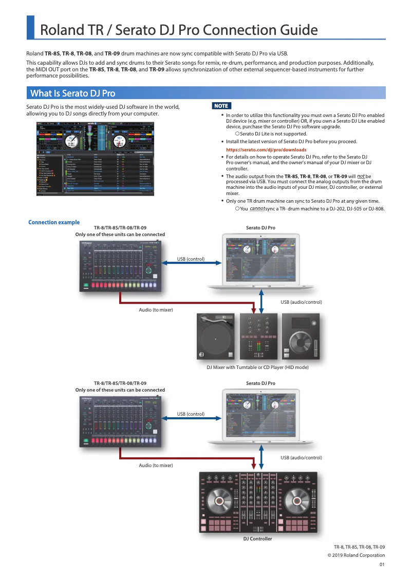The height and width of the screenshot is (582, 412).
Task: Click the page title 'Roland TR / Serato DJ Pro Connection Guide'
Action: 179,30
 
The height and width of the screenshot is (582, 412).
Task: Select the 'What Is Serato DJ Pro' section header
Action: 72,93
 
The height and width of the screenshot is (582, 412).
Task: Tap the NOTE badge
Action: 221,106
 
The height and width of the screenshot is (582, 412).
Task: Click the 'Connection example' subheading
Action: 54,222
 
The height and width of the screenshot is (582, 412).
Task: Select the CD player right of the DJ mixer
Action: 302,337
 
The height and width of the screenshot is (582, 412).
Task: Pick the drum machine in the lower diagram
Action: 120,421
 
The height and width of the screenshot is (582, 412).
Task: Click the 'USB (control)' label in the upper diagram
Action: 191,259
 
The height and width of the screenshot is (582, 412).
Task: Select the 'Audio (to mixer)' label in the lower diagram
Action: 156,465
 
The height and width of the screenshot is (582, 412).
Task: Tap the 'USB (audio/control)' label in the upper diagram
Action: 301,302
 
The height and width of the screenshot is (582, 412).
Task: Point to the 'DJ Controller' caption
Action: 257,539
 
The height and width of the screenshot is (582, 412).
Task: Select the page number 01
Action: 382,565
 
